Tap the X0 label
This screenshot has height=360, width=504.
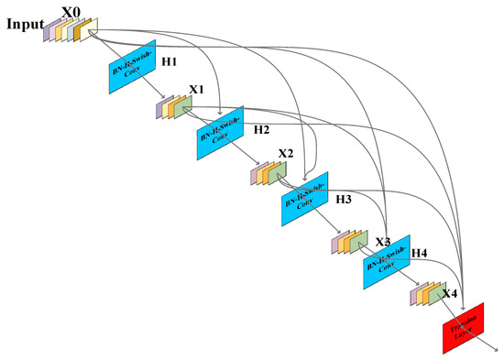click(71, 12)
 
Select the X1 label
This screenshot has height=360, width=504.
click(197, 90)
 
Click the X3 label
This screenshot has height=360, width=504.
click(383, 242)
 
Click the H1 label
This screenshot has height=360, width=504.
click(170, 61)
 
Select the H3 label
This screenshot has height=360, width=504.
click(344, 198)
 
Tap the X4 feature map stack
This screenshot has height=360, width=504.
click(429, 294)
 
